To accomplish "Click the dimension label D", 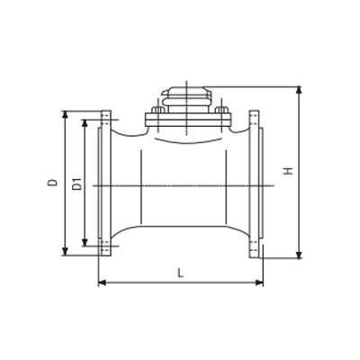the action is coord(53,182).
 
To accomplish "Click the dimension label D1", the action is coord(77,184).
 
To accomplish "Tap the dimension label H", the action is coord(289,171).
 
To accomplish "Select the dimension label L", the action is coord(180,273).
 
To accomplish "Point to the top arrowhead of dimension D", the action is coord(65,114).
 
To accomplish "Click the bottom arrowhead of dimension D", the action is coord(65,252).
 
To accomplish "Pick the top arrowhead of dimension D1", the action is coord(85,123).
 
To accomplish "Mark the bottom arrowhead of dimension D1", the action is coord(85,243).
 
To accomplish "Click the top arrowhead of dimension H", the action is coord(299,90).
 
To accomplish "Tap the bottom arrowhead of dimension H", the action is coord(299,255).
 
